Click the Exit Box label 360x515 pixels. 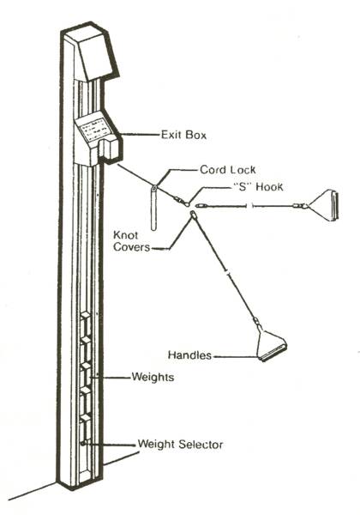(183, 135)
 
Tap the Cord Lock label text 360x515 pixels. (228, 169)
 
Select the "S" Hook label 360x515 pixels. (258, 186)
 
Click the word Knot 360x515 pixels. (126, 235)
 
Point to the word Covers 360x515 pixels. (131, 247)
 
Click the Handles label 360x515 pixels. (189, 355)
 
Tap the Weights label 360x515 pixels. (153, 377)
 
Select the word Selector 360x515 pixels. (201, 445)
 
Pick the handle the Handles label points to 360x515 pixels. (271, 347)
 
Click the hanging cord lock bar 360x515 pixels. (153, 208)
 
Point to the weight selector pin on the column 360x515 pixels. (84, 443)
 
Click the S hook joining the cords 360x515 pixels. (187, 204)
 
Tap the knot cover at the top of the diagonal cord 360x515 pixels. (194, 215)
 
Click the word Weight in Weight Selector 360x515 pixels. (157, 445)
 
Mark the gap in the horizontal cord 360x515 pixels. (249, 206)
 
